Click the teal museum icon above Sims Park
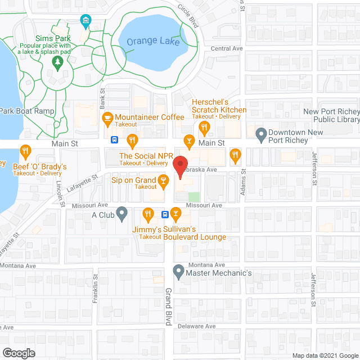85,22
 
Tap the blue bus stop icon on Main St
114,139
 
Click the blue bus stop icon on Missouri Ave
165,214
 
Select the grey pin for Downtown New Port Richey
261,134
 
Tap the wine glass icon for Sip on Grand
164,180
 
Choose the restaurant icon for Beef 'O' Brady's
25,150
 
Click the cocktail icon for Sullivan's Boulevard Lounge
176,213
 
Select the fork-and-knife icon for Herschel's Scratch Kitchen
205,127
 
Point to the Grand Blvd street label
168,305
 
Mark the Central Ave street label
226,48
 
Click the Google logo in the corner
18,353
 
